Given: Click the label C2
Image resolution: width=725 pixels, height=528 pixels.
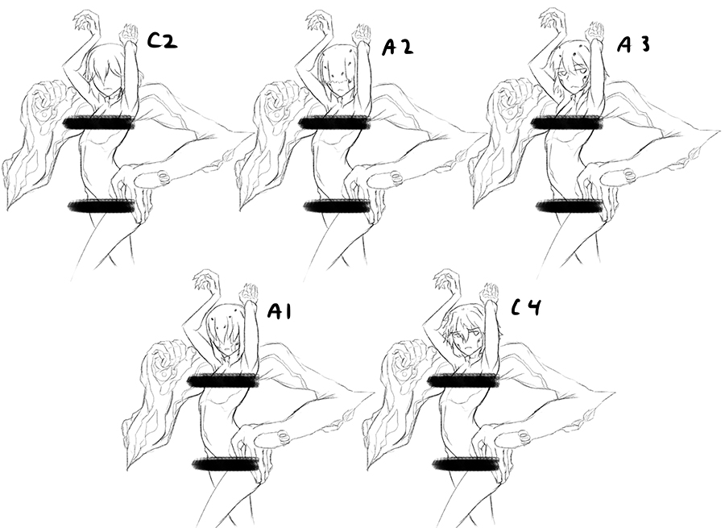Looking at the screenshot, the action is click(162, 42).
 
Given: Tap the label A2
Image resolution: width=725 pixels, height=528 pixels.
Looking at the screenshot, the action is click(398, 48).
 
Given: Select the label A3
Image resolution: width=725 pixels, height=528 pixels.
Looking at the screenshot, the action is click(634, 44).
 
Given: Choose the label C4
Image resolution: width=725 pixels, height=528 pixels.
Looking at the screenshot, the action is click(526, 307).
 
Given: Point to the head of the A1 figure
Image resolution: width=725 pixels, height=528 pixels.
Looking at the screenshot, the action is click(226, 330).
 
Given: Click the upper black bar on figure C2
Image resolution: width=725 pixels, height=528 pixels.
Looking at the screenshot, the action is click(99, 123).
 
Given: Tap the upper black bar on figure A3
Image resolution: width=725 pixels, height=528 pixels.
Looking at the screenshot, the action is click(567, 123).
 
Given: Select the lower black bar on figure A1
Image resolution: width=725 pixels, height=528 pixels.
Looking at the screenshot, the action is click(226, 464).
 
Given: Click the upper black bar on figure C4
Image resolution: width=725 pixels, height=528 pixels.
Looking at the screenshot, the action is click(463, 380).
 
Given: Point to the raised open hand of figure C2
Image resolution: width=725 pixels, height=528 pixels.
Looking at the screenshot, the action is click(85, 22).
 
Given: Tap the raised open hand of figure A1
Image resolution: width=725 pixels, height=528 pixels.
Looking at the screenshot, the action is click(207, 281).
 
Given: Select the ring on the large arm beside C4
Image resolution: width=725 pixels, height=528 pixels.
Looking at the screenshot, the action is click(524, 437).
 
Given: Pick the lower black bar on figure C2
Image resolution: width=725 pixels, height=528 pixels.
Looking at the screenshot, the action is click(101, 206).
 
